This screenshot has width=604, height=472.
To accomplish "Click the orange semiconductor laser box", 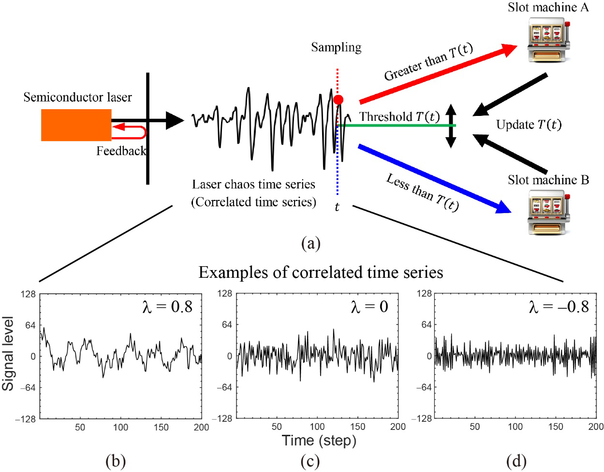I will [76, 125].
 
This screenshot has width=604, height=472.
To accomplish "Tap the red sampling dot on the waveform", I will [338, 100].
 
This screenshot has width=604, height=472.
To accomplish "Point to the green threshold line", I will [397, 126].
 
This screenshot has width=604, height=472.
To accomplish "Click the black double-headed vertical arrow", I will [451, 126].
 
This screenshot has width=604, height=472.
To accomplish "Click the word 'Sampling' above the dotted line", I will [336, 47].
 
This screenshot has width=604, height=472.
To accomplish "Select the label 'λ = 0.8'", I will [167, 306].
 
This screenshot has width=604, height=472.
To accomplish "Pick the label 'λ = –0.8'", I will [558, 306].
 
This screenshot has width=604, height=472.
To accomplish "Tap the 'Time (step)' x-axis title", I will [319, 441].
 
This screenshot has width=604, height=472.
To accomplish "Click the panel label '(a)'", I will [310, 243].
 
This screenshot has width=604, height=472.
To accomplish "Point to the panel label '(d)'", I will [516, 462].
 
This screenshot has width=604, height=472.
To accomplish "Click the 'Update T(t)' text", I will [529, 125].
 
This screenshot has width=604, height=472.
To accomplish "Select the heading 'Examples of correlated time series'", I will [321, 272].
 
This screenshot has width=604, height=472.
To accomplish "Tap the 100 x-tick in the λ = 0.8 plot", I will [121, 427].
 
